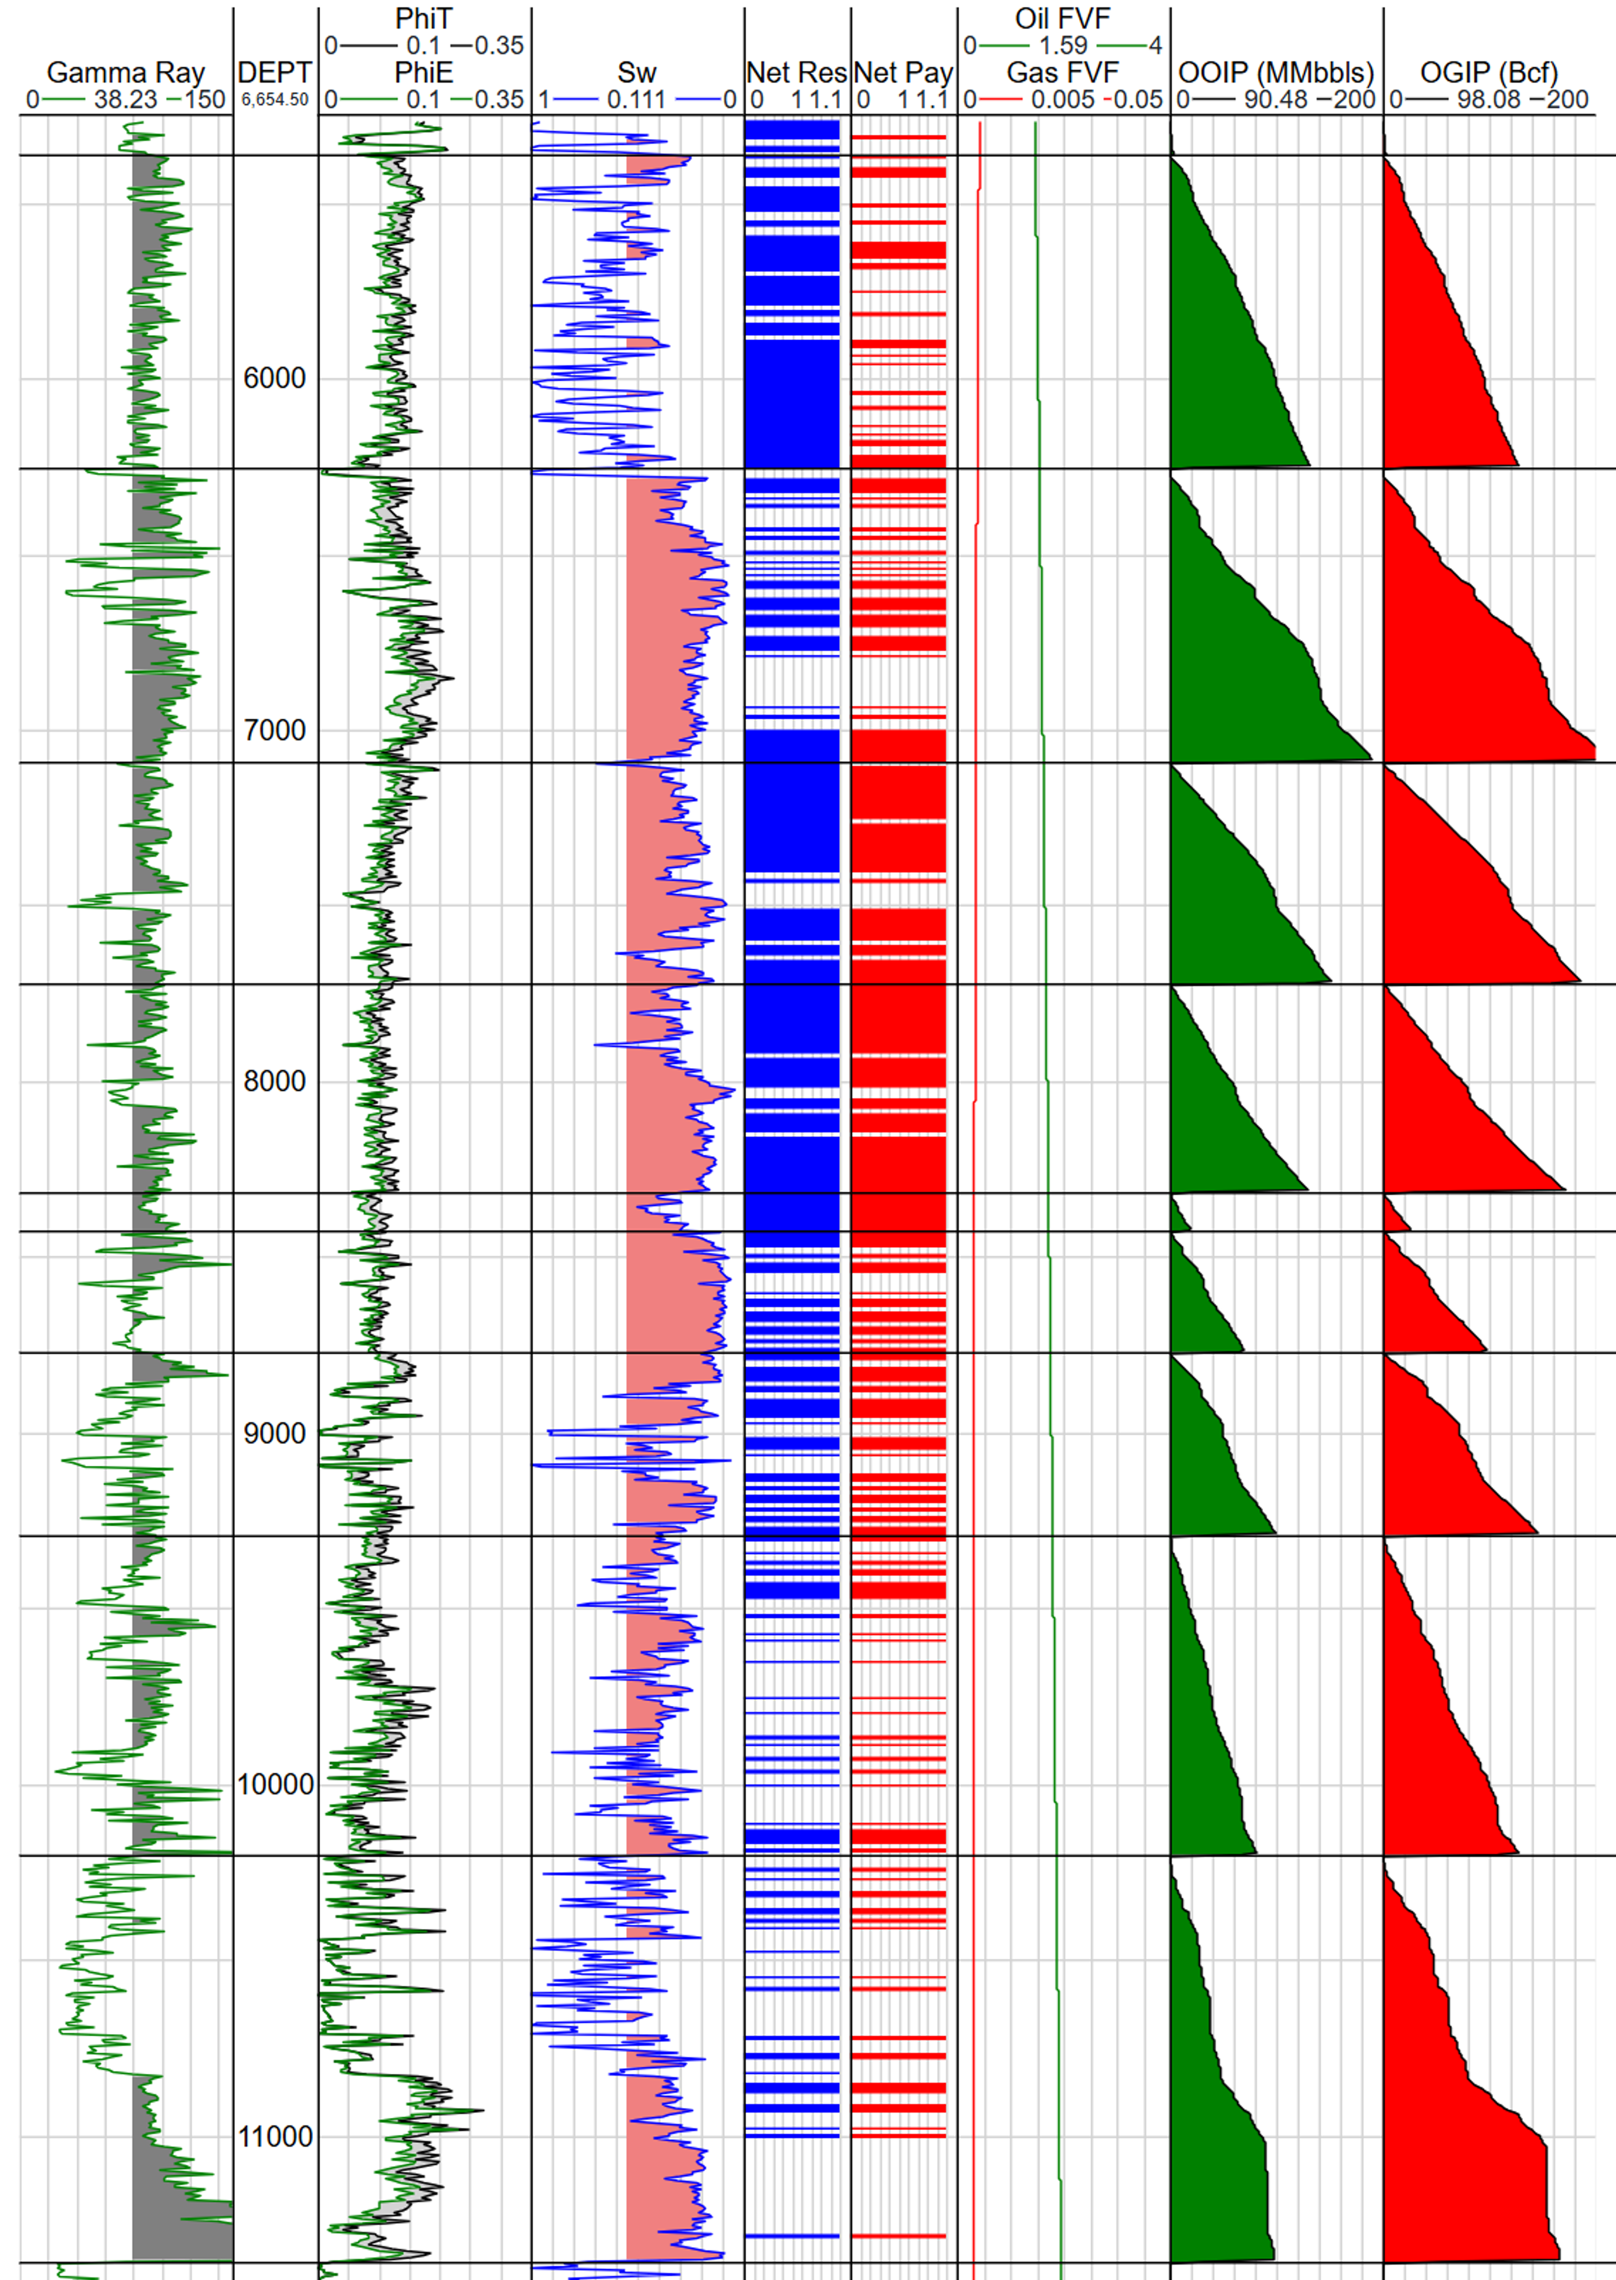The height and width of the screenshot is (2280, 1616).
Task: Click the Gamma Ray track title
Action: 125,73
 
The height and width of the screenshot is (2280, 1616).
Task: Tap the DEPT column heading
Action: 275,73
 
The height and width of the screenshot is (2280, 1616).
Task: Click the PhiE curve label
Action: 424,73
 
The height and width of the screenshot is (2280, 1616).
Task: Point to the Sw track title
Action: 637,73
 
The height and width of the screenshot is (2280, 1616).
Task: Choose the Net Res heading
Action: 796,73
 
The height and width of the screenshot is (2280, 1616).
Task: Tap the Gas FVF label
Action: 1063,73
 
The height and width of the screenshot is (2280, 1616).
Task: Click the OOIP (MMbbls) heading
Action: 1276,73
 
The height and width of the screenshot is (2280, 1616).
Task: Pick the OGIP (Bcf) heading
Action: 1488,73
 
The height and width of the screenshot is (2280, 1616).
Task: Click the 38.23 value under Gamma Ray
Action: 125,99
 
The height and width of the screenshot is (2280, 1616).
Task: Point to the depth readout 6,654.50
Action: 275,99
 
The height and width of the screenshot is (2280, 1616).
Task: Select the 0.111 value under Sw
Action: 637,99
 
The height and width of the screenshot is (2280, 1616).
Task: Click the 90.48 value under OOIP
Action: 1276,99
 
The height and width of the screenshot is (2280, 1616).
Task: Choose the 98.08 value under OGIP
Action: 1488,99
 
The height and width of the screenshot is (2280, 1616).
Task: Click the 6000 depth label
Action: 275,378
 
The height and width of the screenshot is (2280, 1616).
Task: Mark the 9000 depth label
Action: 275,1433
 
